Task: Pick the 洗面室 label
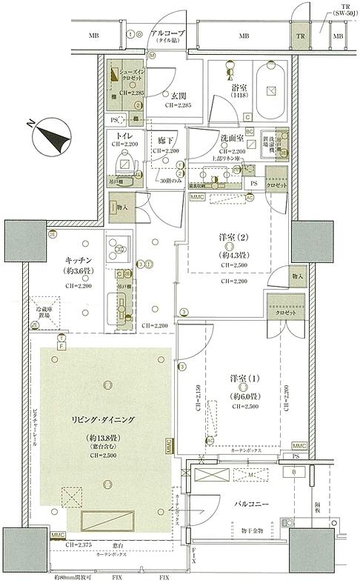[x=233, y=138]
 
